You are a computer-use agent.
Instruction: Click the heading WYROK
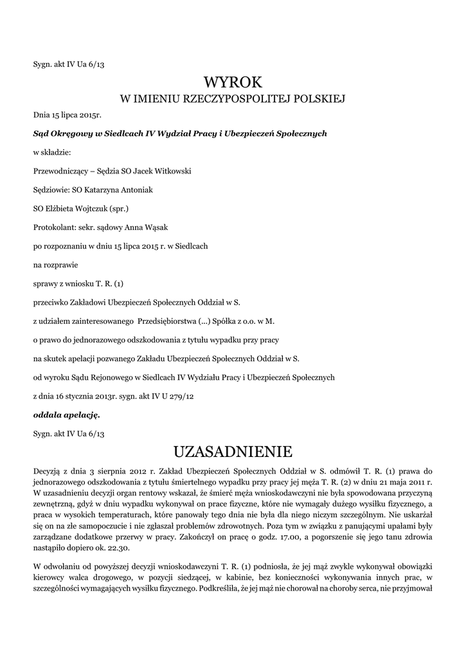tap(233, 82)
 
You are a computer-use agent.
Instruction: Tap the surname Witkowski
tap(170, 172)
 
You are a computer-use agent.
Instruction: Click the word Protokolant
tap(53, 227)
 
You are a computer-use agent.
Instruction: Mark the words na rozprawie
tap(55, 265)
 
